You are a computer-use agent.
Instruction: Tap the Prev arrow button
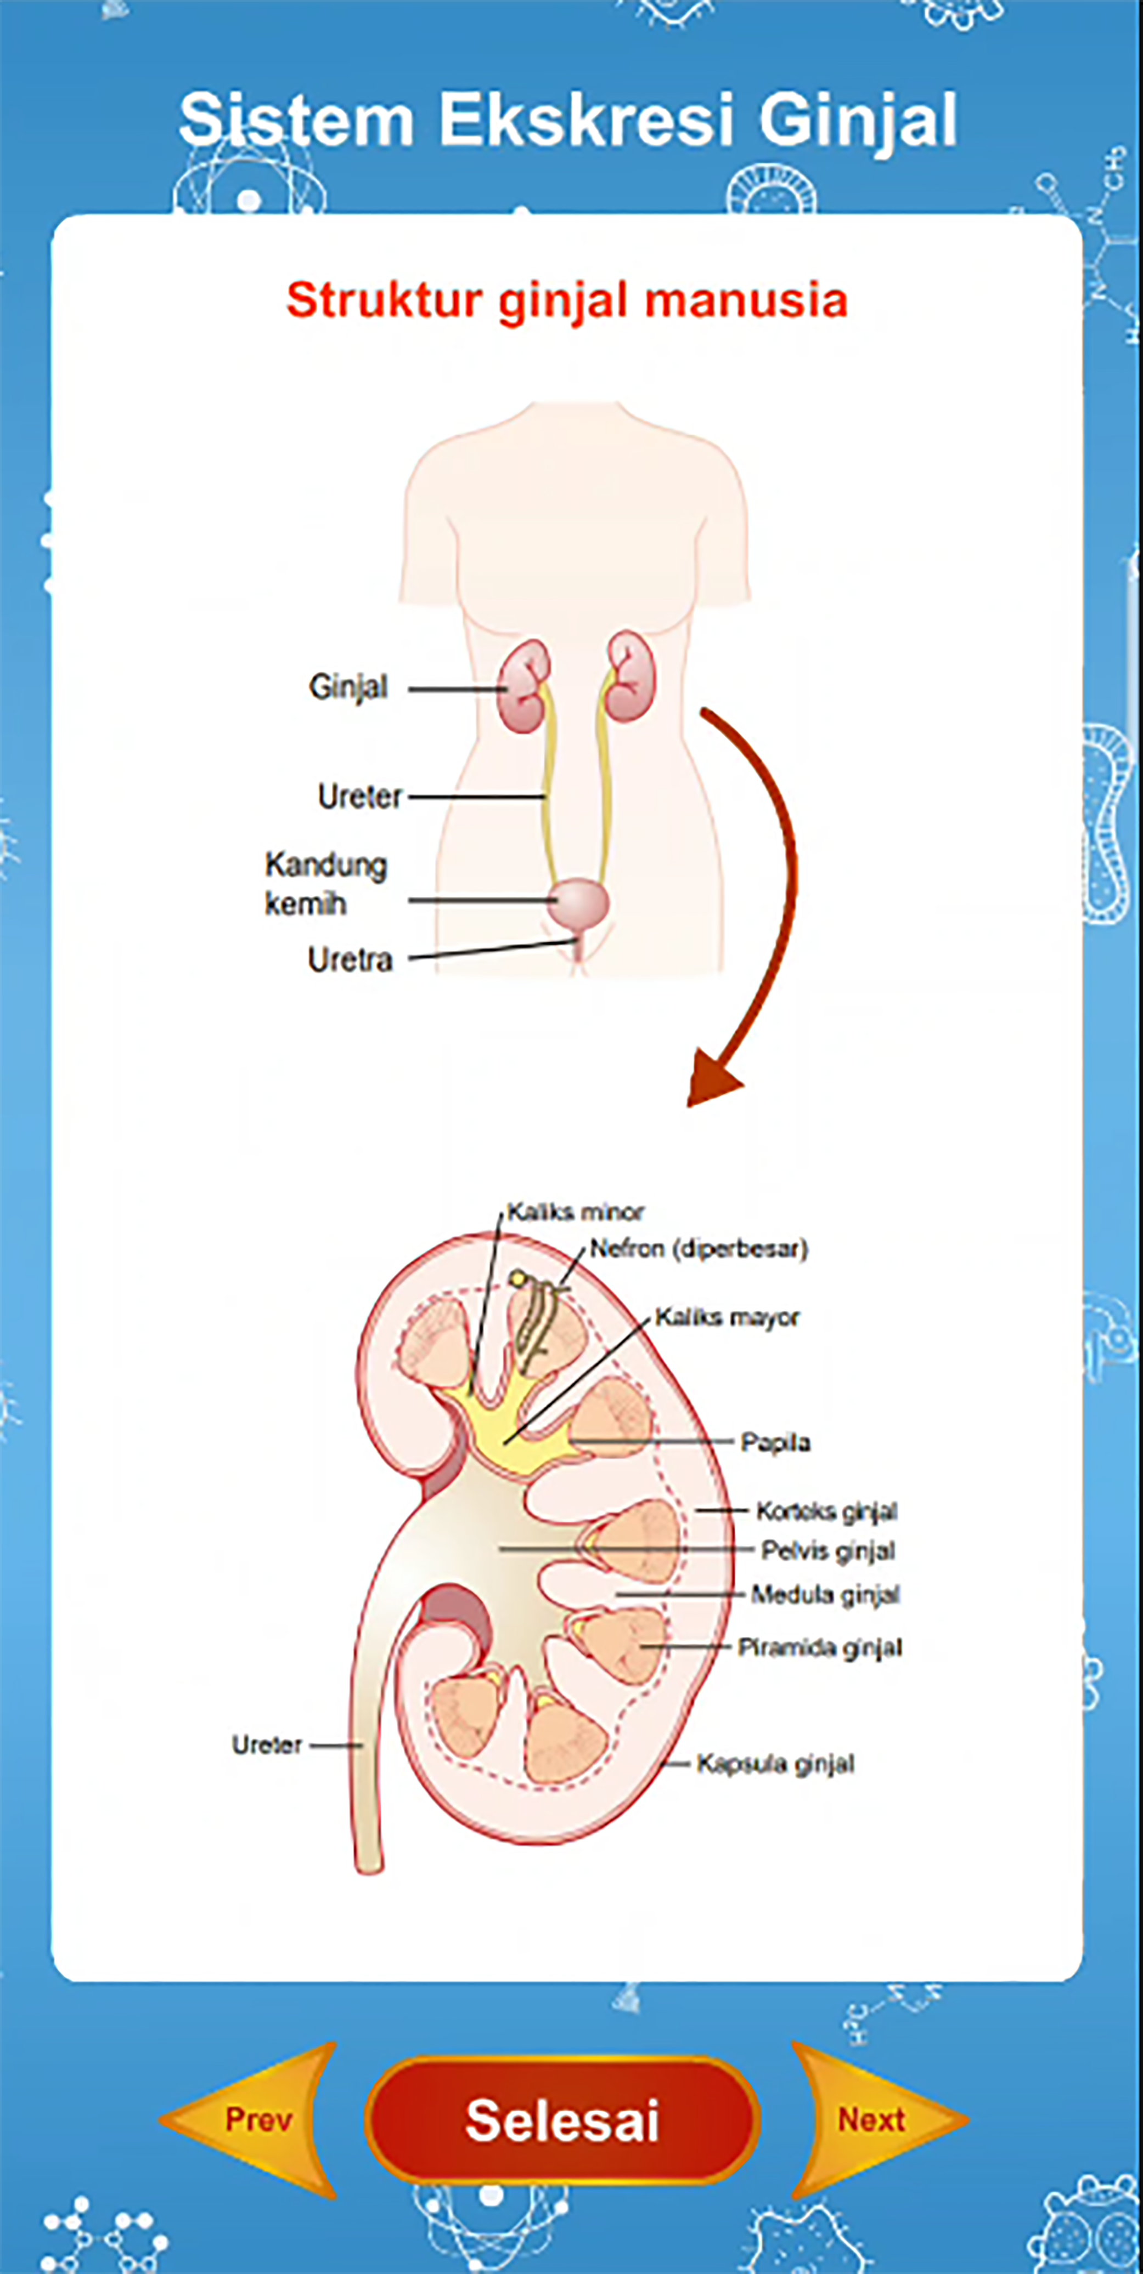252,2119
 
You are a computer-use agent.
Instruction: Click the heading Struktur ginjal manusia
566,300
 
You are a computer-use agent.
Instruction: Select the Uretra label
350,959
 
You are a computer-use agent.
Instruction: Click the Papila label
775,1442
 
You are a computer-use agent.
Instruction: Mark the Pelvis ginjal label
827,1551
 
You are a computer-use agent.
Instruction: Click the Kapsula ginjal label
775,1764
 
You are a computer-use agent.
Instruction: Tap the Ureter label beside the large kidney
267,1745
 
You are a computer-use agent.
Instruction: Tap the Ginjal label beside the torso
348,687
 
